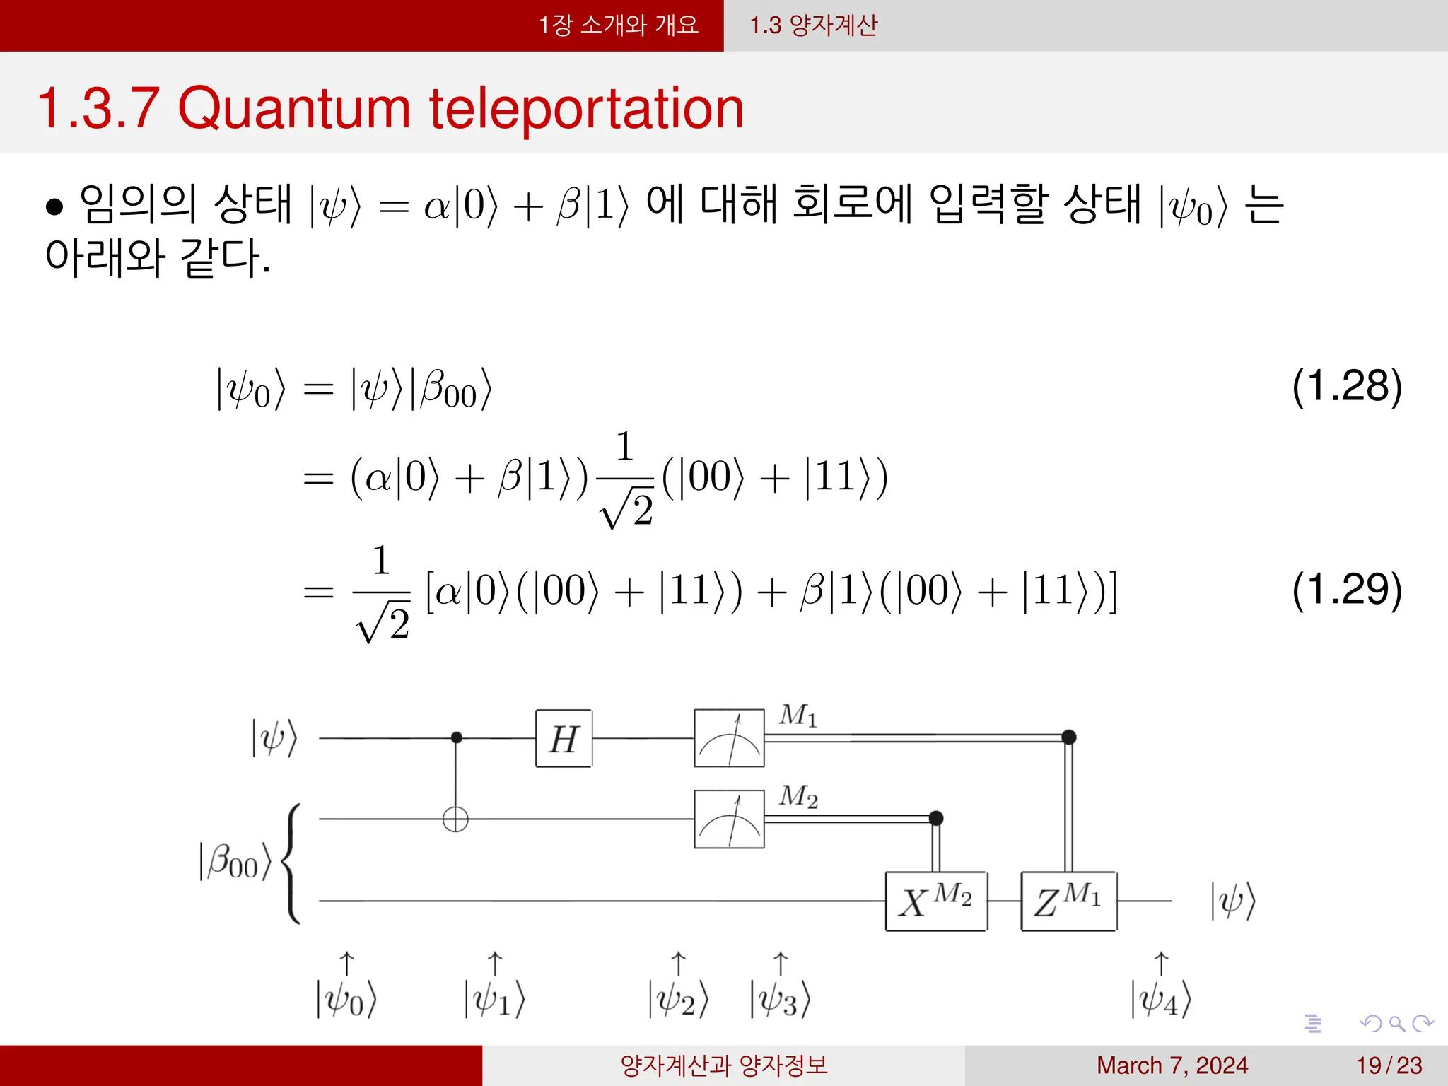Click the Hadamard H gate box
click(x=564, y=739)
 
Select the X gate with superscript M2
click(x=935, y=901)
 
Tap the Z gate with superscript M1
click(x=1068, y=901)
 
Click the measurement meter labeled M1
click(x=729, y=738)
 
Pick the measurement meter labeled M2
click(x=729, y=819)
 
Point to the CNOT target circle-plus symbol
click(x=455, y=819)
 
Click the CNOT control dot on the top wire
click(x=456, y=737)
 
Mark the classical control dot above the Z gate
click(x=1069, y=737)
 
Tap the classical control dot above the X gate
click(x=936, y=818)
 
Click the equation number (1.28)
click(x=1346, y=386)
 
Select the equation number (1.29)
click(x=1346, y=589)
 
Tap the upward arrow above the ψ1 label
click(x=495, y=963)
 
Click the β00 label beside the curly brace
click(x=235, y=862)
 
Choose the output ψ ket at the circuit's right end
click(x=1232, y=901)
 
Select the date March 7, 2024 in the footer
click(x=1172, y=1065)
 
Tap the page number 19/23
click(x=1389, y=1065)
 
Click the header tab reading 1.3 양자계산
click(x=813, y=25)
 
